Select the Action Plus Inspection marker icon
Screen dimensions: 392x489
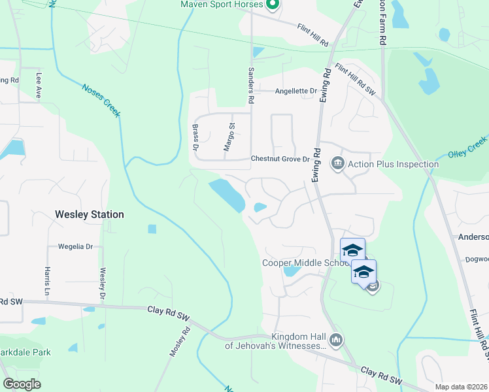337,163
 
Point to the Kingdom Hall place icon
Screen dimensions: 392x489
336,339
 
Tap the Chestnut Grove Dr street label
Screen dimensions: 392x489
280,159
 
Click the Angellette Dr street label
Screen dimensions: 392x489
295,91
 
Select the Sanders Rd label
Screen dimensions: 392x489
250,86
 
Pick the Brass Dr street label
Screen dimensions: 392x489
195,137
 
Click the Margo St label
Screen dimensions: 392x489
229,137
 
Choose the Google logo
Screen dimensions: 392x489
22,384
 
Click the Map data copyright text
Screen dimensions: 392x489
461,387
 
